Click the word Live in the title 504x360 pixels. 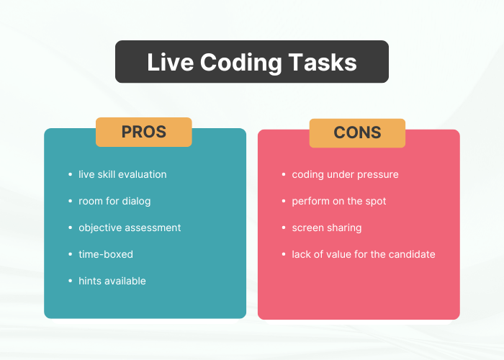tap(171, 62)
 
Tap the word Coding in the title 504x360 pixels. tap(241, 63)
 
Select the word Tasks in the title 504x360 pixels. tap(323, 62)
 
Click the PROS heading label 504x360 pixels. tap(144, 132)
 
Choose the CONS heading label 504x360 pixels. tap(357, 132)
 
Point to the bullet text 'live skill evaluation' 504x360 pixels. tap(122, 174)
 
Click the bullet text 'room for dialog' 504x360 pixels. tap(114, 202)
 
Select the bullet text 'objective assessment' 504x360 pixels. tap(130, 228)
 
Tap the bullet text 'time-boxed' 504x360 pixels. tap(106, 254)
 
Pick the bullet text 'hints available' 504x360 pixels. tap(112, 281)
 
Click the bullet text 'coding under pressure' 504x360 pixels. tap(345, 175)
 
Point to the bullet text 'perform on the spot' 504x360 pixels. tap(339, 202)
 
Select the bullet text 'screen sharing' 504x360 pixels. tap(327, 228)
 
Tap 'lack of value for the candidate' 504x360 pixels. tap(364, 254)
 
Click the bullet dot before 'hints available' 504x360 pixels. tap(71, 281)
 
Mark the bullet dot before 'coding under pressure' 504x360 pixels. tap(284, 174)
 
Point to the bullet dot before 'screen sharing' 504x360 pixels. tap(284, 228)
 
